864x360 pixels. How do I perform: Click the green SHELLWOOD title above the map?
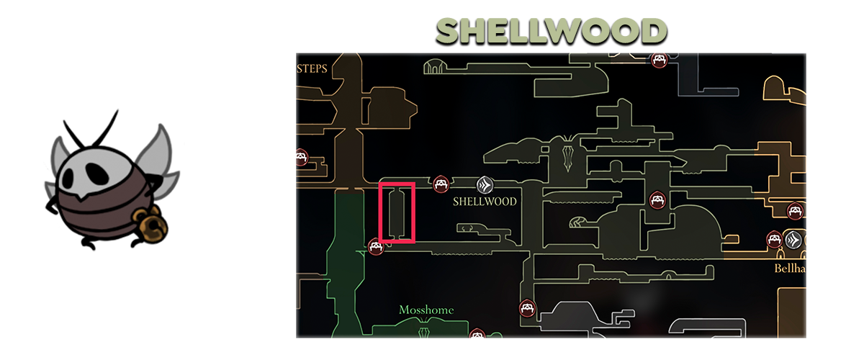tap(551, 32)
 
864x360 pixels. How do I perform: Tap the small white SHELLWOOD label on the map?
tap(485, 202)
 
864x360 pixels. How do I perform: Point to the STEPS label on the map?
tap(312, 69)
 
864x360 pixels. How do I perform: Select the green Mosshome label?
tap(426, 310)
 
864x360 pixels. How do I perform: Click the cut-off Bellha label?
tap(789, 268)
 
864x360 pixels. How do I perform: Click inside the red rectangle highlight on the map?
tap(397, 213)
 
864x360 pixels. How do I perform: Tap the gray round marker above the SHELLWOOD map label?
tap(485, 184)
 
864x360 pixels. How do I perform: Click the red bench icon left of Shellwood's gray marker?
tap(441, 185)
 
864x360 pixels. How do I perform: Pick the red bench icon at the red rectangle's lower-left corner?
tap(375, 246)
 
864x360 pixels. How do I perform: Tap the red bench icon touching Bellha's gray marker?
tap(775, 239)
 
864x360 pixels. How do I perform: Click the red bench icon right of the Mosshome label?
tap(527, 308)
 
